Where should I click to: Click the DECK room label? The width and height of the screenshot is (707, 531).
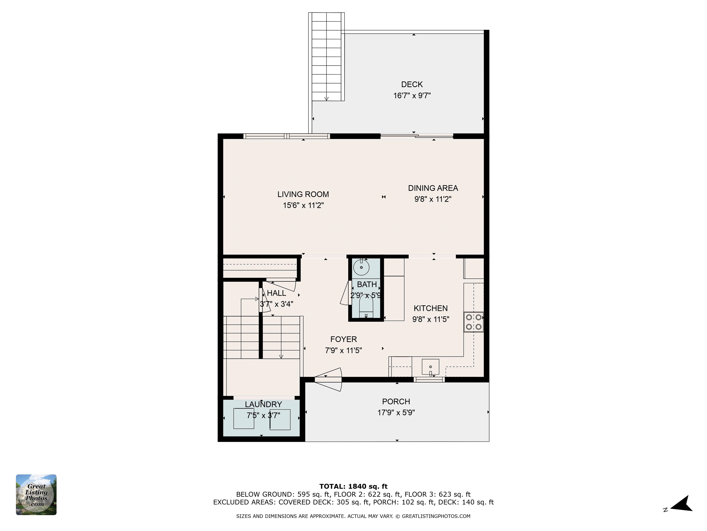pos(412,85)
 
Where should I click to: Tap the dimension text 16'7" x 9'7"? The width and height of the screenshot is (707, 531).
pos(412,96)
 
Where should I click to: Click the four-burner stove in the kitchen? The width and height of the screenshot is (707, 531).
pos(473,322)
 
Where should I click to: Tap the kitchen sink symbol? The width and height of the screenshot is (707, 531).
pos(430,367)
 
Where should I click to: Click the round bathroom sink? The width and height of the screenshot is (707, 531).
pos(361,267)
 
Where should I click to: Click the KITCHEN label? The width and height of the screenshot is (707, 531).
pos(431,308)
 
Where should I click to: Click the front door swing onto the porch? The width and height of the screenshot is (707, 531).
pos(329,380)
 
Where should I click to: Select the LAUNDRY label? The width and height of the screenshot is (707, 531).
pos(263,404)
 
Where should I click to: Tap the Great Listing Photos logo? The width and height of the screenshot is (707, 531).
pos(36,495)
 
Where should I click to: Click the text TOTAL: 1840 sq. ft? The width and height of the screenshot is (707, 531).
pos(353,487)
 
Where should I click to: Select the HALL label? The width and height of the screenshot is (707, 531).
pos(276,293)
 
